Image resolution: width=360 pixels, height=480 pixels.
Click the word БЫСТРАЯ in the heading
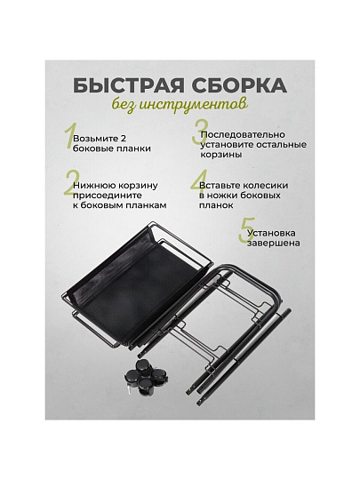click(x=128, y=85)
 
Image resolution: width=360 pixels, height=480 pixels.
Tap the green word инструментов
click(x=193, y=105)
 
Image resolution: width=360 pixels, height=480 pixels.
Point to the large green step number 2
click(x=71, y=183)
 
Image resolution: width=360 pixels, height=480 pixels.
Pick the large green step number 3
click(x=200, y=132)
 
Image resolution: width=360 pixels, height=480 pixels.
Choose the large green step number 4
click(x=199, y=183)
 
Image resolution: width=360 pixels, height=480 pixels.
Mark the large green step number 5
click(x=247, y=230)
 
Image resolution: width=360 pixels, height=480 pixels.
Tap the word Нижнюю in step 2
click(x=92, y=186)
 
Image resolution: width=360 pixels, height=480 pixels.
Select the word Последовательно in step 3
click(x=243, y=135)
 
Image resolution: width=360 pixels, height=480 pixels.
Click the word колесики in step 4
click(x=265, y=186)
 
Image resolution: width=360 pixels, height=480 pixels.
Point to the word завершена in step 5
click(x=274, y=243)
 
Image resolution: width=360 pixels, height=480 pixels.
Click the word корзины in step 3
click(x=221, y=155)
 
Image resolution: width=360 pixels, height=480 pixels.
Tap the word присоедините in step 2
click(x=108, y=196)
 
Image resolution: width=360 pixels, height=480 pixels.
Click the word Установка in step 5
click(x=271, y=233)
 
